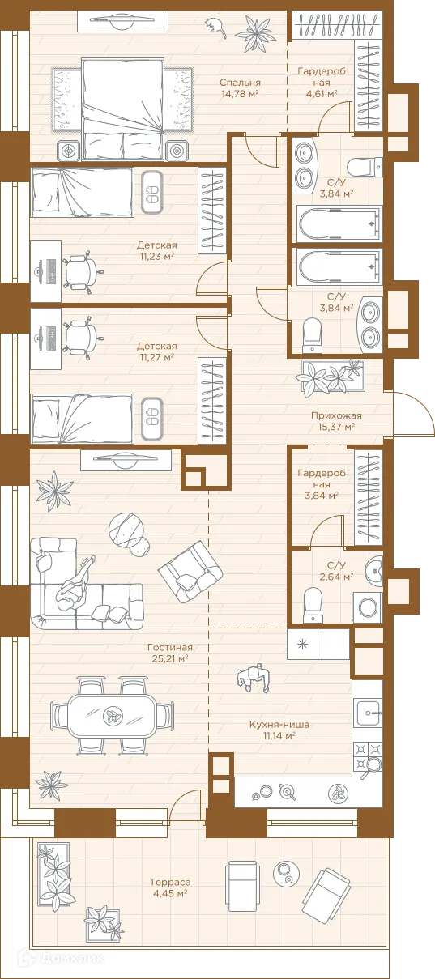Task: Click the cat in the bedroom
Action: (x=216, y=27)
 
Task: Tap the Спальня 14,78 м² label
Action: (x=240, y=87)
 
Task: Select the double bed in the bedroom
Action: (x=123, y=109)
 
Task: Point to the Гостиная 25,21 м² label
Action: (x=170, y=653)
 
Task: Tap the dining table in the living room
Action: (x=112, y=716)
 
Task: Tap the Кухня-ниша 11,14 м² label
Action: (x=279, y=730)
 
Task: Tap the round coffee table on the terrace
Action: (x=287, y=873)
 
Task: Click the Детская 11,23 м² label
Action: (x=157, y=250)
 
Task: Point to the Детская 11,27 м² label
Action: (x=157, y=351)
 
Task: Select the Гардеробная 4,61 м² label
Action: (x=322, y=82)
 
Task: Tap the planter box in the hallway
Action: (x=332, y=376)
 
